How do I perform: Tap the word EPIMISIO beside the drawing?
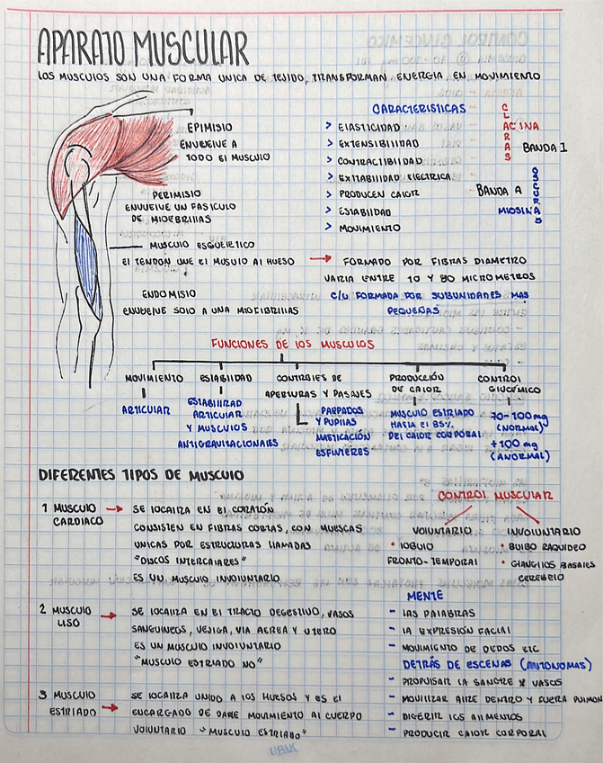click(212, 128)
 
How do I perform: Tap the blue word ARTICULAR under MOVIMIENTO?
click(146, 409)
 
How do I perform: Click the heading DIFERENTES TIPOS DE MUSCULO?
click(140, 475)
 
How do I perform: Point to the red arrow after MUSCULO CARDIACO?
click(113, 508)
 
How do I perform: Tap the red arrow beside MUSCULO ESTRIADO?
click(110, 708)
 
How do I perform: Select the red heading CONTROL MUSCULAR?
click(494, 497)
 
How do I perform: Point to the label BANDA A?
click(499, 190)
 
